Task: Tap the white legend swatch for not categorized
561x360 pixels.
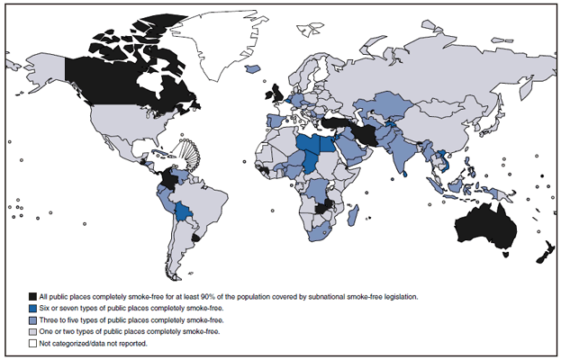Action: tap(32, 343)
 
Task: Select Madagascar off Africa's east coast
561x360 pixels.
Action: tap(354, 216)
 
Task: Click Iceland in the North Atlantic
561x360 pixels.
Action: tap(251, 68)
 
